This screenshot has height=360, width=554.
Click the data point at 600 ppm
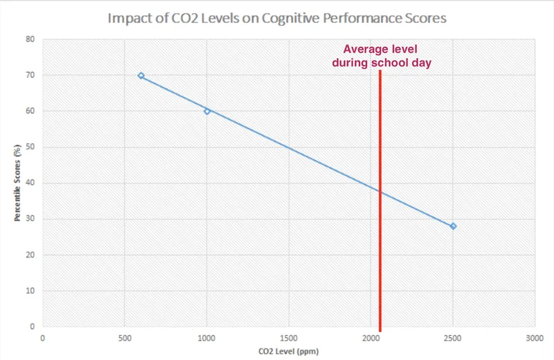(x=141, y=75)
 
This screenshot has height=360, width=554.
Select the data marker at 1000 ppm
(x=206, y=111)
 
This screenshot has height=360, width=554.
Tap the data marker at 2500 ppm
(x=453, y=226)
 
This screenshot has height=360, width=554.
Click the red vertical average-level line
(x=380, y=208)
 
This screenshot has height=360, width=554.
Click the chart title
(x=277, y=18)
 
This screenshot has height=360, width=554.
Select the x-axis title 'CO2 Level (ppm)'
(x=288, y=352)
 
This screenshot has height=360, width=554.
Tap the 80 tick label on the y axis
(x=30, y=39)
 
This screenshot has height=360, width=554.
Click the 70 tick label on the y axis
(x=30, y=75)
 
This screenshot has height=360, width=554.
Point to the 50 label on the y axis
(x=30, y=147)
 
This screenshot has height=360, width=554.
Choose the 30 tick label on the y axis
(x=30, y=219)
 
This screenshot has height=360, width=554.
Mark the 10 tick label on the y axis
(x=30, y=291)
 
